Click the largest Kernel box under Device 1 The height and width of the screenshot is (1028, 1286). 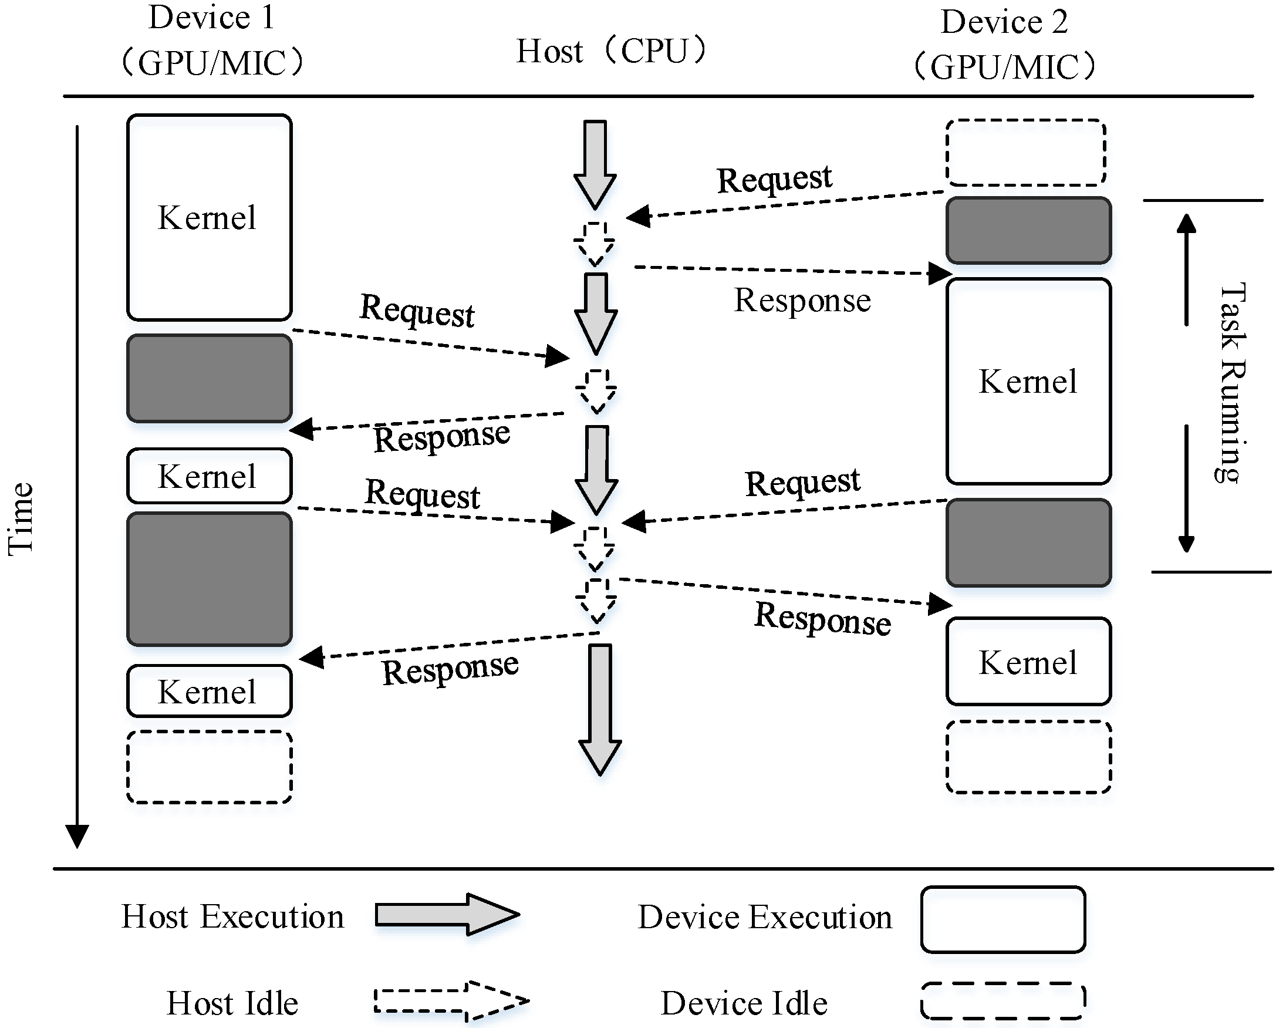[209, 217]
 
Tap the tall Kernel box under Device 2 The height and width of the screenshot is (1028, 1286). [1028, 380]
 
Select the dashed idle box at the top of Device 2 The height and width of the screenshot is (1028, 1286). [1025, 153]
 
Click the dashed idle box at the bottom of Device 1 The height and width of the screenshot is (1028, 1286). [209, 767]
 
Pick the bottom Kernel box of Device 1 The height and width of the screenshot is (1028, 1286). [209, 691]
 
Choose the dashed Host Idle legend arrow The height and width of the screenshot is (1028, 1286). [451, 1000]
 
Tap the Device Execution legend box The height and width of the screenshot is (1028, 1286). [1002, 919]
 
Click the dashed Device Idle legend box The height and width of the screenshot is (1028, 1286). [1002, 1000]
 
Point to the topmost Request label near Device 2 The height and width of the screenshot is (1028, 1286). [774, 178]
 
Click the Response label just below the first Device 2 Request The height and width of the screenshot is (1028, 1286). [802, 300]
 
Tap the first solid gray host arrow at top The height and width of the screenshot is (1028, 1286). [595, 163]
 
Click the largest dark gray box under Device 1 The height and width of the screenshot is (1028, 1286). [209, 579]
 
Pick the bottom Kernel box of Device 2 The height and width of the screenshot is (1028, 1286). [1028, 662]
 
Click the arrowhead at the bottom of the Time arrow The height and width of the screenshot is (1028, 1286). [77, 835]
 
